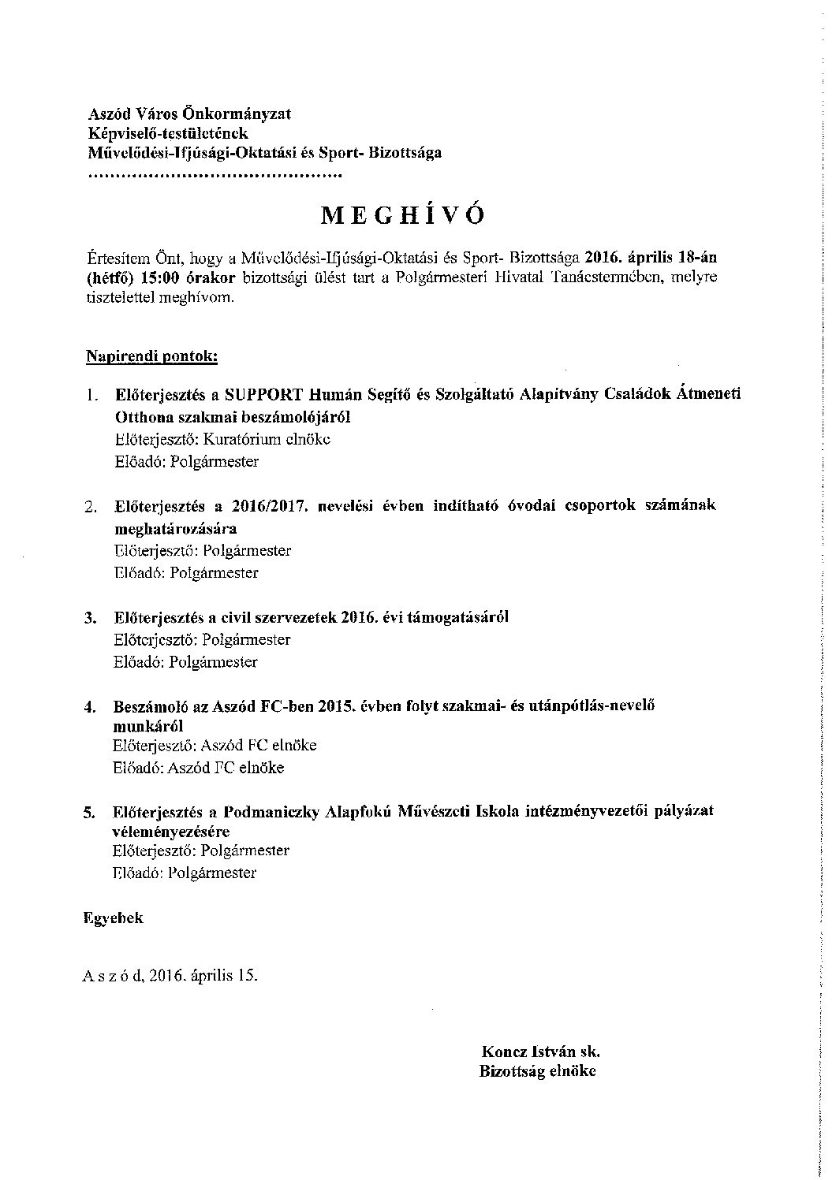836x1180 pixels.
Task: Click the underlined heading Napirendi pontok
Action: (x=151, y=356)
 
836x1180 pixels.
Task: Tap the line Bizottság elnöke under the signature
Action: (x=537, y=1071)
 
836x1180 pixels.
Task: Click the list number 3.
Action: (x=91, y=618)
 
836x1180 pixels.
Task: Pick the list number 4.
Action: (x=91, y=708)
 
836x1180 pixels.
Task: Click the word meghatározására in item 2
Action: (x=175, y=528)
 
